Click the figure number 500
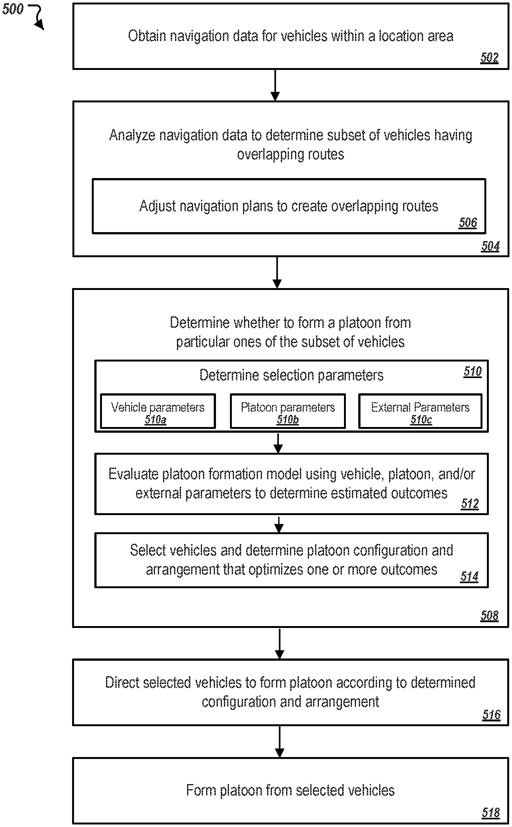13,9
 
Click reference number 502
489,57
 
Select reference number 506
468,222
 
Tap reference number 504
490,246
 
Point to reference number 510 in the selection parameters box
472,371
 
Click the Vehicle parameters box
158,411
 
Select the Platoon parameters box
288,411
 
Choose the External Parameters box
420,411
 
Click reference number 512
470,504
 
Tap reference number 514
469,576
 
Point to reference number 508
489,616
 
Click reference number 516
491,714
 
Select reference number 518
491,812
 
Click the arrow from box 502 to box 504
275,85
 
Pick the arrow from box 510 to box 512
278,443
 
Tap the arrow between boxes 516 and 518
280,742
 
